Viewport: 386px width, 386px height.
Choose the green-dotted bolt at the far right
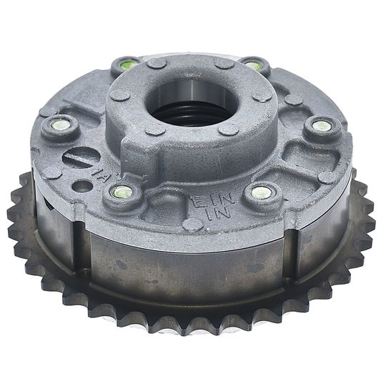322,127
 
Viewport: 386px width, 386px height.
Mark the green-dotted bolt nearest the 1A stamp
124,192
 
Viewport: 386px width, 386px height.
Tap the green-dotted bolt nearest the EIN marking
261,193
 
